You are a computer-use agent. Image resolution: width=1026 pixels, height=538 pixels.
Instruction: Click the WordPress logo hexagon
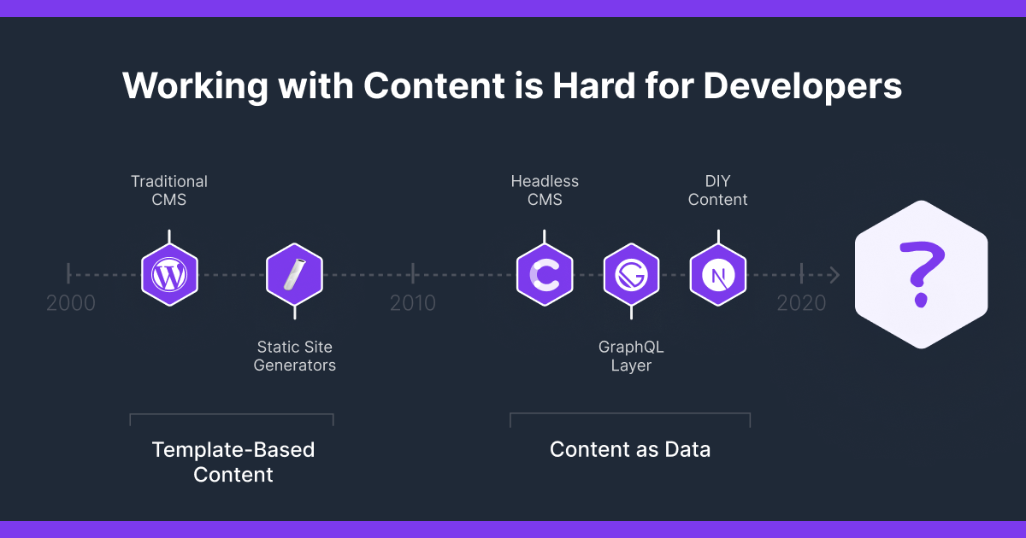pos(169,275)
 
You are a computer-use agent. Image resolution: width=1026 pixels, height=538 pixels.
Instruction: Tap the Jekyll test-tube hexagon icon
pos(294,275)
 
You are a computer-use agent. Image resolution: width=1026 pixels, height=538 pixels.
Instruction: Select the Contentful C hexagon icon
pos(545,275)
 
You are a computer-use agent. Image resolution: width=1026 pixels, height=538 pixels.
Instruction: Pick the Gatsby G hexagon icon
pos(631,275)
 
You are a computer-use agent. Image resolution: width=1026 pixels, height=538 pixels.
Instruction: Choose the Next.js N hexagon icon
pos(718,275)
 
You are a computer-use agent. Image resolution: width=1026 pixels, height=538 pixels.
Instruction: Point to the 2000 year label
pos(71,303)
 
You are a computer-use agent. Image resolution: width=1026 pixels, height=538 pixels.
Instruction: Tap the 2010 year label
pos(413,303)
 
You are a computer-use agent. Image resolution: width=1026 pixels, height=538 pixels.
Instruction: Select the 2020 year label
pos(801,303)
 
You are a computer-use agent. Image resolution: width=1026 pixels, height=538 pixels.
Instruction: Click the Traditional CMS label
pos(169,190)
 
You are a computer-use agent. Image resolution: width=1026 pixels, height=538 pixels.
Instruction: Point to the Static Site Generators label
pos(295,356)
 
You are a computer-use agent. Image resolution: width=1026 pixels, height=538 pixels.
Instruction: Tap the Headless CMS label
pos(545,190)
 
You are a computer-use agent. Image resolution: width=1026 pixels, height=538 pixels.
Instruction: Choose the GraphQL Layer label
pos(631,356)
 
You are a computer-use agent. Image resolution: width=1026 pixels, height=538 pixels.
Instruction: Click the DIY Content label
pos(718,190)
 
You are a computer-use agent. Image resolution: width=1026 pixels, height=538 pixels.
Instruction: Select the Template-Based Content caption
pos(233,462)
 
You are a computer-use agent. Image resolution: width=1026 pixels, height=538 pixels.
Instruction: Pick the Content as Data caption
pos(630,449)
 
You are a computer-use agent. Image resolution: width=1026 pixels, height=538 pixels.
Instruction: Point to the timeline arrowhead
pos(834,275)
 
